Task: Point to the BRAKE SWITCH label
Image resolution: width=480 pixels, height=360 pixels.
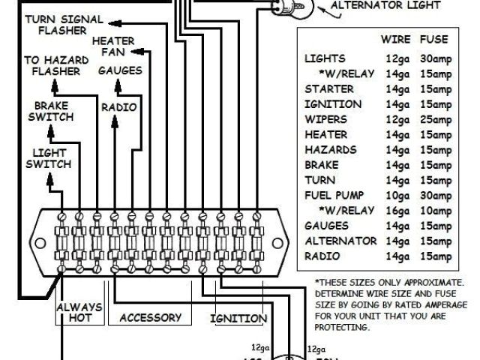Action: point(50,111)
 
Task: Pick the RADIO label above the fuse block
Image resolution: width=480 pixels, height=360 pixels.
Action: point(118,107)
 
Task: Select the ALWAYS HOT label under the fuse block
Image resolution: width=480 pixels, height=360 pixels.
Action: point(77,313)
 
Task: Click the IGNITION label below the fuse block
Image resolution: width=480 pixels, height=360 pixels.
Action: point(238,318)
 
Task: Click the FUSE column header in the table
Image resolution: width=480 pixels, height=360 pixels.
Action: point(437,38)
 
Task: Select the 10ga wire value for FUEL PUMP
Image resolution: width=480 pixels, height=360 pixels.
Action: point(395,195)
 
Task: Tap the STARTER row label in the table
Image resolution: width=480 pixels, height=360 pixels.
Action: point(328,88)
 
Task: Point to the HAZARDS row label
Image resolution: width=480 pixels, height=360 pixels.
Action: point(330,149)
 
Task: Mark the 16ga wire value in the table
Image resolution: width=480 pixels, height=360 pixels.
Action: point(395,210)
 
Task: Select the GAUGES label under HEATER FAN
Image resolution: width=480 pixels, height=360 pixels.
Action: point(118,70)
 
